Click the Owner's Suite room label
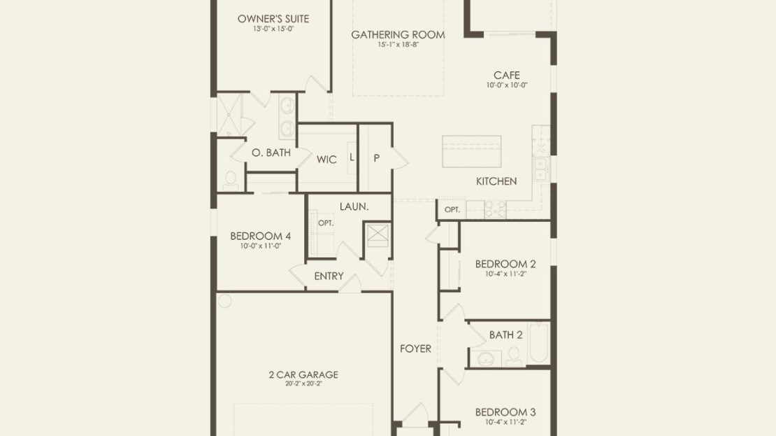coord(273,19)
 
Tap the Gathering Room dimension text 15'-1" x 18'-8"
coord(398,45)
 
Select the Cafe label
coord(507,76)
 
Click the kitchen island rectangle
coord(472,152)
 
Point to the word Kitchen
coord(496,181)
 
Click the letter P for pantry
coord(377,158)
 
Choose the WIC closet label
coord(326,160)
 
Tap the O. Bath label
coord(271,153)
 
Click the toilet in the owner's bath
coord(231,181)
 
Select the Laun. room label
coord(354,206)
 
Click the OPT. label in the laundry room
coord(326,223)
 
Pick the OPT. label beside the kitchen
coord(452,209)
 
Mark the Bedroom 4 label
coord(260,236)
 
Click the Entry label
coord(329,276)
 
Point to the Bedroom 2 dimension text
coord(505,274)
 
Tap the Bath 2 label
coord(505,335)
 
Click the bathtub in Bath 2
coord(539,343)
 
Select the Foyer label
coord(416,349)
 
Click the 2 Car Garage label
coord(303,374)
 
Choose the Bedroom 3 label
coord(505,412)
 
